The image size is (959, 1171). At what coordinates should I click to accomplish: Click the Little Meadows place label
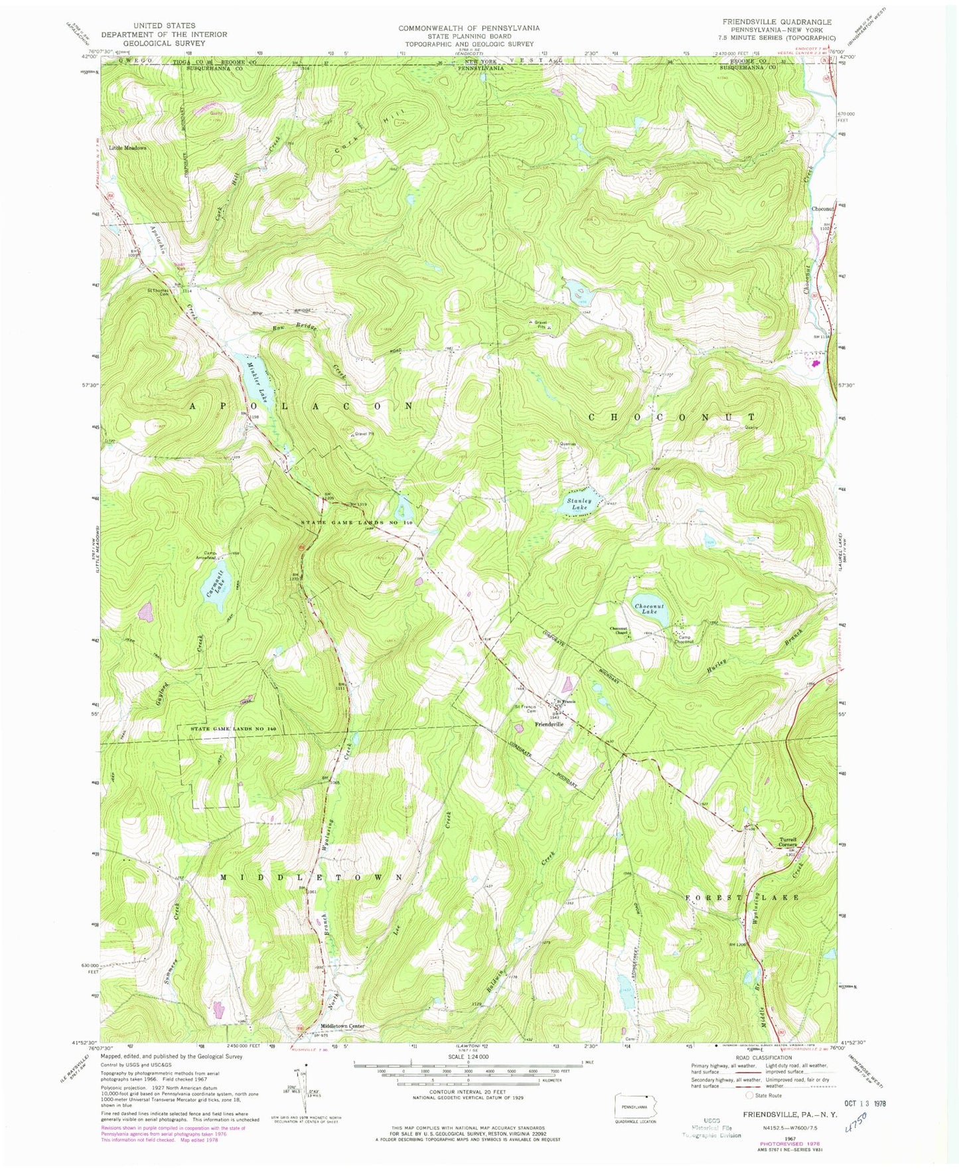[127, 148]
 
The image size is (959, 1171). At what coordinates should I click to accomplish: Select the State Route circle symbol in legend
[749, 1095]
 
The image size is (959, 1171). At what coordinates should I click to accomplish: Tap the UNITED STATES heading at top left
[164, 25]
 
